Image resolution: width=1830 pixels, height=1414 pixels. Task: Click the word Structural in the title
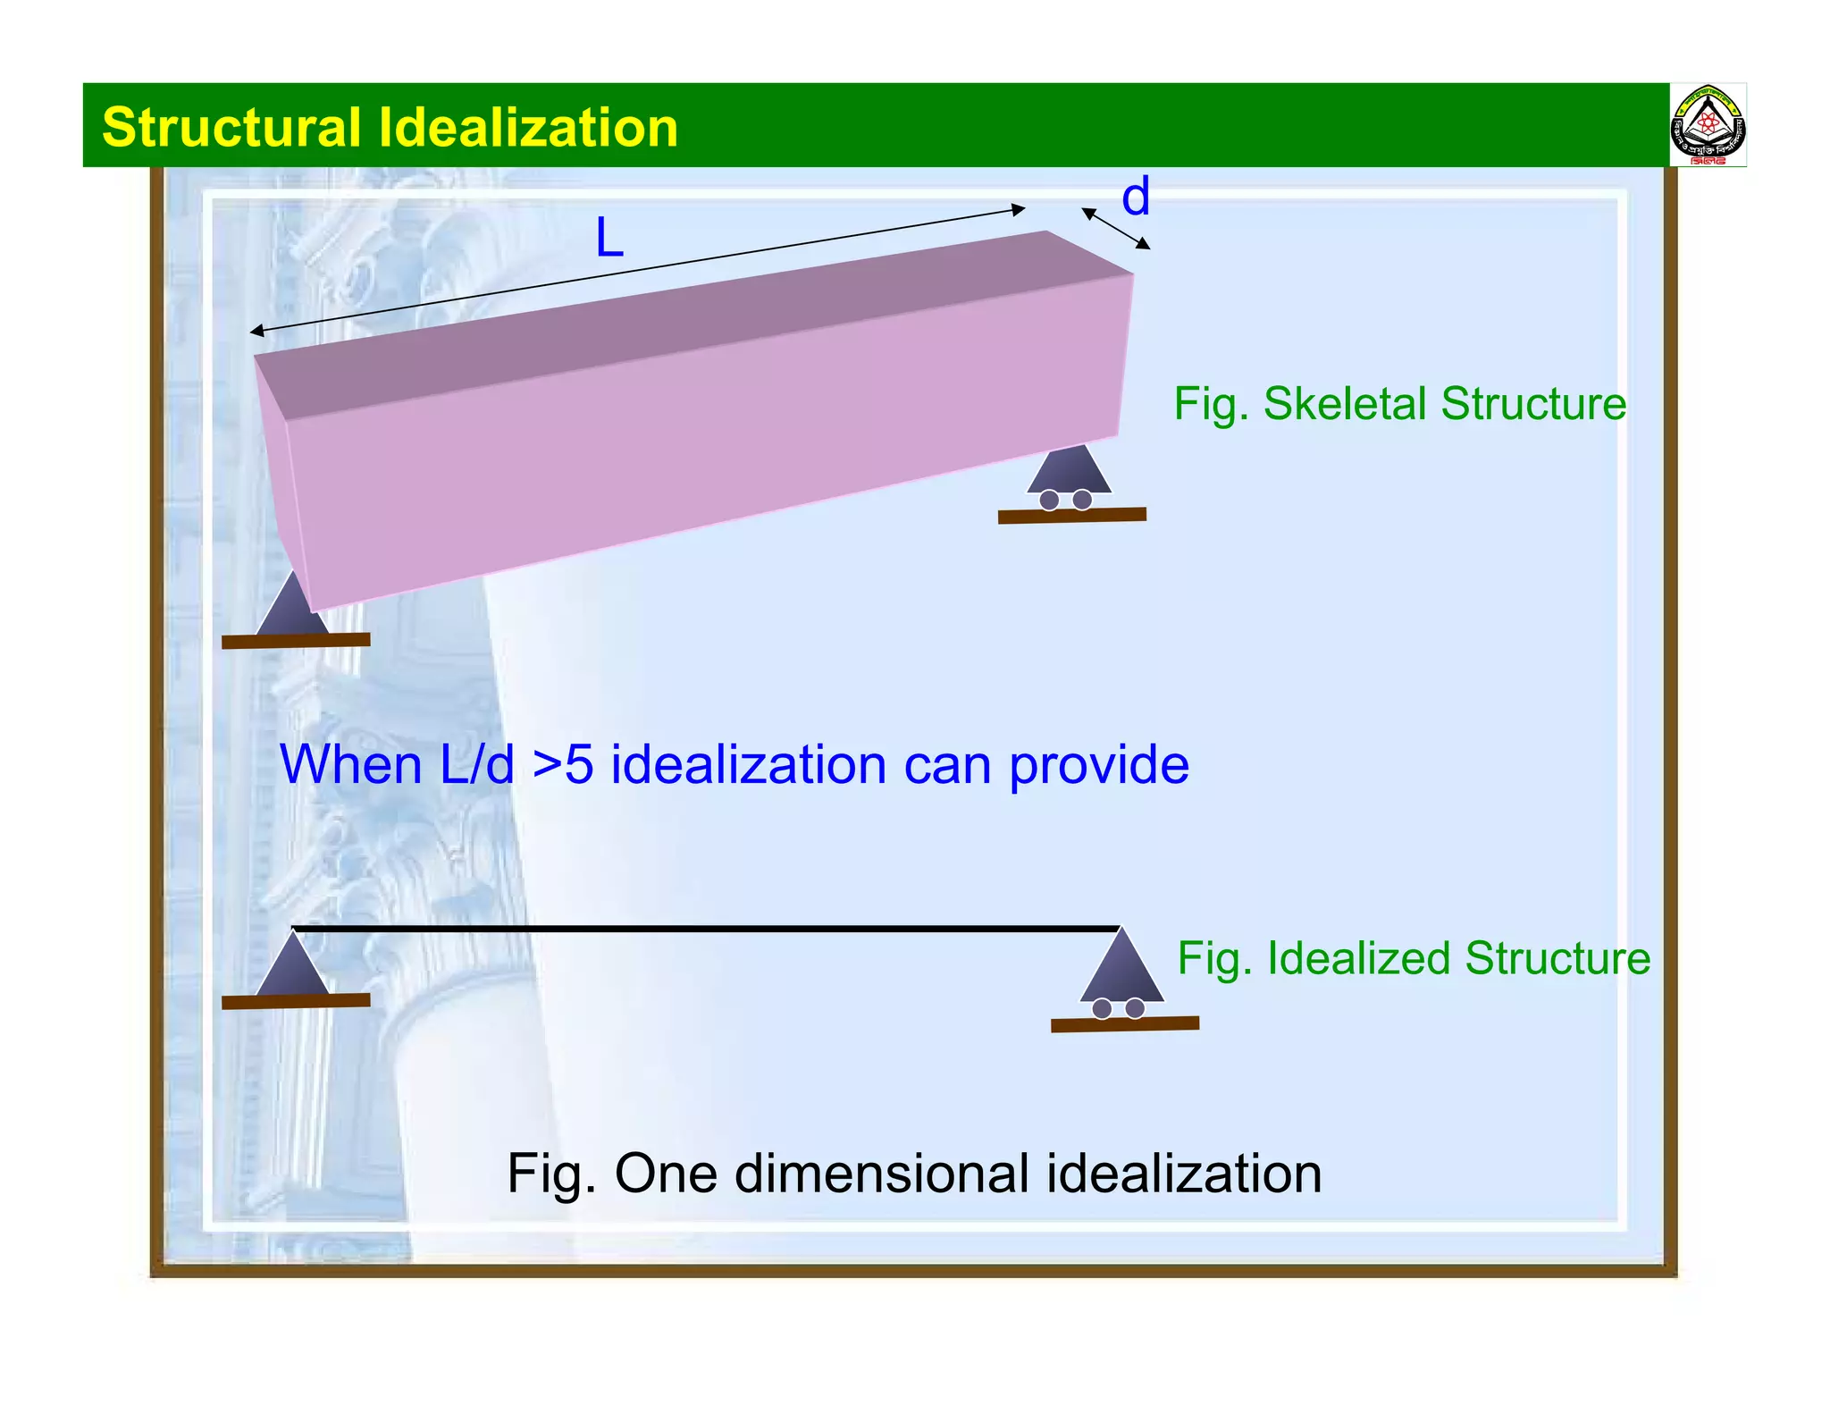tap(231, 127)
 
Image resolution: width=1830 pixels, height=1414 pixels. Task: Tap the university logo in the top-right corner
tap(1707, 126)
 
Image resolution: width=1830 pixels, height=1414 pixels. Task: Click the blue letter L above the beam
tap(609, 239)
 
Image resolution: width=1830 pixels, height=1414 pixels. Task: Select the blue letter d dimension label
tap(1135, 197)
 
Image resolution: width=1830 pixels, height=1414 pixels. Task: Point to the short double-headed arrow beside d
tap(1115, 228)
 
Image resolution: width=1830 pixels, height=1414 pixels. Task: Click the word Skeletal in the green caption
tap(1344, 403)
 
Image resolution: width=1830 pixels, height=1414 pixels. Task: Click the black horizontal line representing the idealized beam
tap(706, 930)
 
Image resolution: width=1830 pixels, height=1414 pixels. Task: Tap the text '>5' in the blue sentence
tap(563, 765)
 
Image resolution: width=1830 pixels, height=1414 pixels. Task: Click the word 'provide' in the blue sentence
tap(1098, 765)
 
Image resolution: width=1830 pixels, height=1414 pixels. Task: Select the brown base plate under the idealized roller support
tap(1124, 1024)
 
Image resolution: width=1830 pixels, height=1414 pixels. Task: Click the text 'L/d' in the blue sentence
tap(476, 765)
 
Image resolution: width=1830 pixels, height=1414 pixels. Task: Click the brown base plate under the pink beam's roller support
tap(1071, 516)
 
